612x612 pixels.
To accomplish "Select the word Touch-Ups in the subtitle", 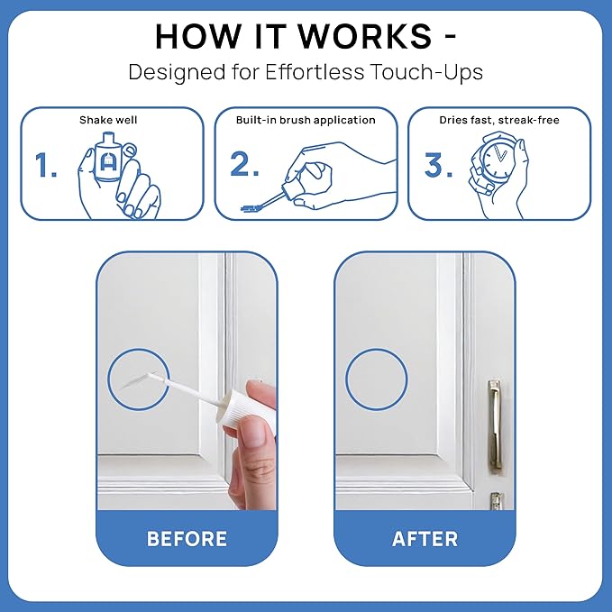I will (x=428, y=72).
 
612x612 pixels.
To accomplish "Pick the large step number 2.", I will (x=244, y=166).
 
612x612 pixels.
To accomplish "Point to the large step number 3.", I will (x=438, y=166).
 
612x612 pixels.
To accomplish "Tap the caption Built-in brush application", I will (x=306, y=120).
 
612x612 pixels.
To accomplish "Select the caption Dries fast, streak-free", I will (x=498, y=120).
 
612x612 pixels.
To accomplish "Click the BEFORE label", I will (x=187, y=539).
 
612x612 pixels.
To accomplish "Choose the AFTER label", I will (x=425, y=539).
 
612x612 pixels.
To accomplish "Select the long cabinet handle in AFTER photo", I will (x=494, y=424).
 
